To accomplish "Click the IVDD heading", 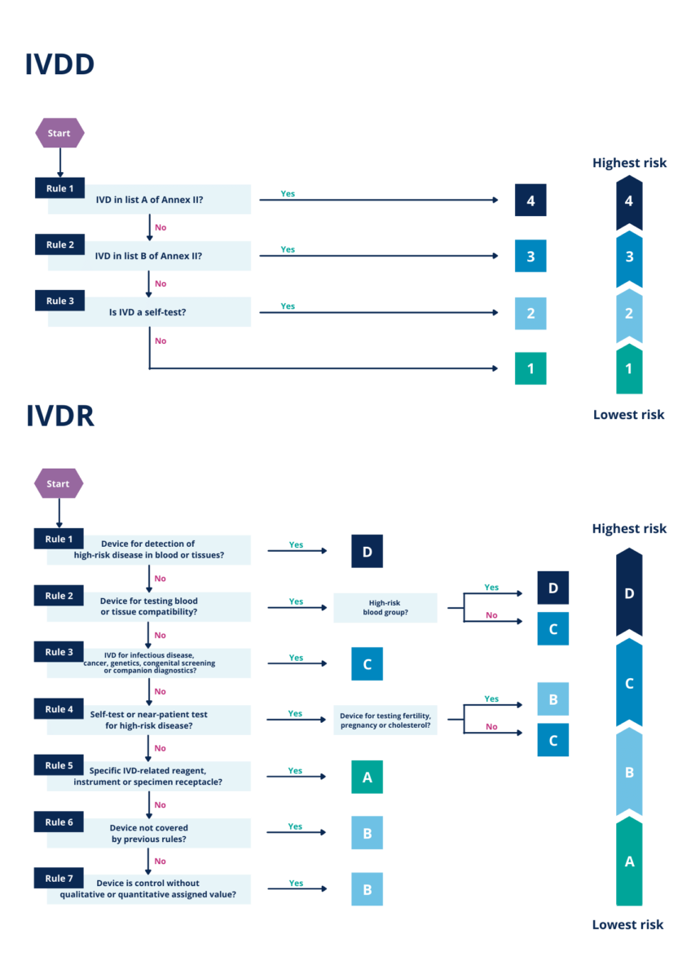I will tap(59, 65).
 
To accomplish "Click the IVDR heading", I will tap(59, 416).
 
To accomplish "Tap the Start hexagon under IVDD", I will tap(59, 133).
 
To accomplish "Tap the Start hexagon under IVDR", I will tap(58, 483).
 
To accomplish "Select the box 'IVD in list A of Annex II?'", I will tap(149, 200).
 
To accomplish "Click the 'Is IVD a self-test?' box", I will tap(149, 312).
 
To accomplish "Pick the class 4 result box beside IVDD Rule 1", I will tap(530, 200).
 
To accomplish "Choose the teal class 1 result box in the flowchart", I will tap(530, 368).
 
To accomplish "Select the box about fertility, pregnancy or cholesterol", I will tap(385, 720).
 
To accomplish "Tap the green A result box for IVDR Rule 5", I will tap(367, 777).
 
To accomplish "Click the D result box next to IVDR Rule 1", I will tap(367, 552).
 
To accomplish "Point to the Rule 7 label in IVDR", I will tap(59, 878).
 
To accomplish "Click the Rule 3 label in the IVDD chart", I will tap(59, 301).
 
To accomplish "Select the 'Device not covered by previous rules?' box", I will tap(149, 833).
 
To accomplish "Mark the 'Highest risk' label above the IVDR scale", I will tap(629, 529).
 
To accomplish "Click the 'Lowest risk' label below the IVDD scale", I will tap(629, 415).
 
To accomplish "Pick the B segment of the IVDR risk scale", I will tap(629, 772).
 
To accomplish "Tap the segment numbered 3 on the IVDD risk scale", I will tap(629, 258).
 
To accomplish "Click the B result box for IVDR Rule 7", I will tap(367, 889).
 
